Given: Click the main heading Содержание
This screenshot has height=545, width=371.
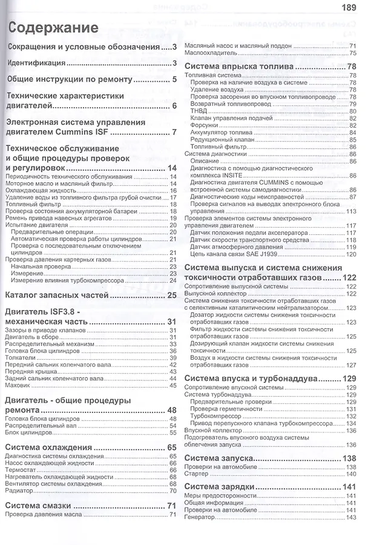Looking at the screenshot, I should click(53, 28).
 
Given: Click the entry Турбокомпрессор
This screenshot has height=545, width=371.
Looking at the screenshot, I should click(214, 416).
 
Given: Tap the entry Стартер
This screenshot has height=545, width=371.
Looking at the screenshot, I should click(197, 474).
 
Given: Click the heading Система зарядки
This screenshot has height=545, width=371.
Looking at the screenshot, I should click(220, 487).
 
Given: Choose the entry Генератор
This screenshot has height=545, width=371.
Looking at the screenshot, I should click(202, 517).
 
